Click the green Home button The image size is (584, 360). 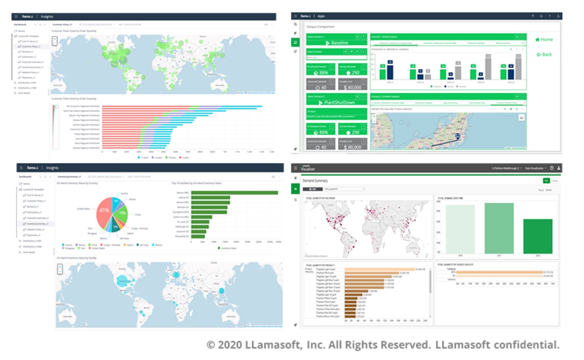544,40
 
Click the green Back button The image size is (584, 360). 544,55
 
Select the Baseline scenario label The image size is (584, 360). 337,43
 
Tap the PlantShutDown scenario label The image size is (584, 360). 337,103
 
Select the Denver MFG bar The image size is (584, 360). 234,193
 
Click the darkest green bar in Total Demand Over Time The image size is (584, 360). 538,237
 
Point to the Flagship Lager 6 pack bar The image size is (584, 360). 380,269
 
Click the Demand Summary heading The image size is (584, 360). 315,181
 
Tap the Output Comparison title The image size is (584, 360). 320,26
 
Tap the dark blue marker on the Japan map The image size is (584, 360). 457,136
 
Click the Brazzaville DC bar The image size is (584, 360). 198,237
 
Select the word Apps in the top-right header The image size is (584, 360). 321,16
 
